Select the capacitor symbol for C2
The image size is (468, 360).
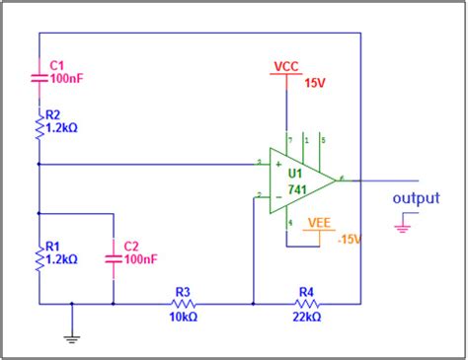(x=114, y=258)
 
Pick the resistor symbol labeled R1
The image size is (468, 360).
(x=39, y=259)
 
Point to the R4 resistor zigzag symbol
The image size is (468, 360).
(x=305, y=303)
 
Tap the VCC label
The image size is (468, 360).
(x=285, y=66)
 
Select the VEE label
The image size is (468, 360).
(x=320, y=224)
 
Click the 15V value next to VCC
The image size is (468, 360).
(x=314, y=83)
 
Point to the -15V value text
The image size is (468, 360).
(x=351, y=240)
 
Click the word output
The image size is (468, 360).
(x=416, y=198)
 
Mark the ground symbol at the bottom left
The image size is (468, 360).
(x=72, y=337)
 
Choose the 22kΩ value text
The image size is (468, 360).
(x=306, y=318)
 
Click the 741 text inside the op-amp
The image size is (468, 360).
(x=296, y=187)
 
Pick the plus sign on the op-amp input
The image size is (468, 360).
(x=277, y=165)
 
